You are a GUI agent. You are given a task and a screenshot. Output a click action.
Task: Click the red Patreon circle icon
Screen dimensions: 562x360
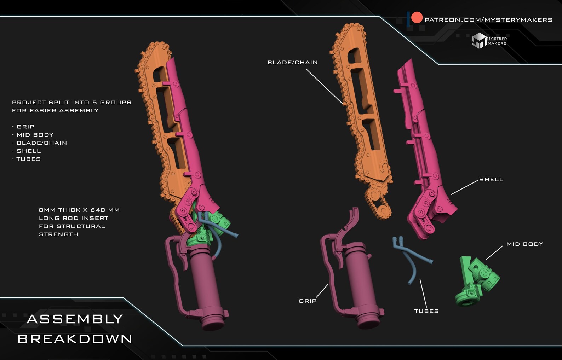point(417,18)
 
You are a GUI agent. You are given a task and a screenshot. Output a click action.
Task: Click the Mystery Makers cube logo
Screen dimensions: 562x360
point(479,41)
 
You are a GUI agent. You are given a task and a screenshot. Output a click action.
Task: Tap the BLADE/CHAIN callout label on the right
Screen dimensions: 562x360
point(293,63)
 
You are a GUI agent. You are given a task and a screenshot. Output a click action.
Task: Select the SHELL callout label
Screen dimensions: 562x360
point(491,180)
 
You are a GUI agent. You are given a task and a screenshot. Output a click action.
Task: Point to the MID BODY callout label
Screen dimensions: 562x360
point(525,244)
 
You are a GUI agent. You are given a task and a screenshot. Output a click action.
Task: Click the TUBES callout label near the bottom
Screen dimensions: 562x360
point(426,311)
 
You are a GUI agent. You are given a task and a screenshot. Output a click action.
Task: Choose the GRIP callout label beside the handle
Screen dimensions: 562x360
point(308,301)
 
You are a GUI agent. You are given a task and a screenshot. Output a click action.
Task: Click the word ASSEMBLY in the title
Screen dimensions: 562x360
point(75,319)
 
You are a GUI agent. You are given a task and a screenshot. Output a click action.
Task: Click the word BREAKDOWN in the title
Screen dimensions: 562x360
point(75,339)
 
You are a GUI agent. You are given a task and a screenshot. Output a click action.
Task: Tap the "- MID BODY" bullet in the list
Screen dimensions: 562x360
point(33,135)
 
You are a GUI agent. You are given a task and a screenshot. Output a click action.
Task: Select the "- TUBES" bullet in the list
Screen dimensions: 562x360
point(26,159)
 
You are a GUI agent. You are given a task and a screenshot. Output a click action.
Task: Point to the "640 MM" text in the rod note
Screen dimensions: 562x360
point(105,210)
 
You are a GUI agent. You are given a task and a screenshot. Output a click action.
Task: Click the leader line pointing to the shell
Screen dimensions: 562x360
point(464,187)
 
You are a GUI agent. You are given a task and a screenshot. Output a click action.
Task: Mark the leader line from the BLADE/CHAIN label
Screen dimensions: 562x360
point(325,87)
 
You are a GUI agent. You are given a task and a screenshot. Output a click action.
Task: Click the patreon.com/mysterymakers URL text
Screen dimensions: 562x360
point(488,20)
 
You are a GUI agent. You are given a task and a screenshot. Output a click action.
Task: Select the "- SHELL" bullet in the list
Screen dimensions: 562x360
point(26,151)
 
